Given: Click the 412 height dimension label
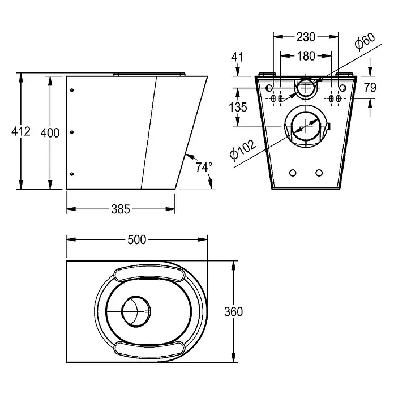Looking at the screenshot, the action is click(21, 131).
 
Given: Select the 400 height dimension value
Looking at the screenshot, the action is click(50, 132).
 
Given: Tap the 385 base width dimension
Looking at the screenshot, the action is click(121, 209).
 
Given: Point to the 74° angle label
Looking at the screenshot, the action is click(204, 167).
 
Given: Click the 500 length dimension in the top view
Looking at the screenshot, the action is click(136, 239).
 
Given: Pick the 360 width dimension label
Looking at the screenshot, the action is click(233, 311).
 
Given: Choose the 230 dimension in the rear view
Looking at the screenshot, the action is click(306, 37).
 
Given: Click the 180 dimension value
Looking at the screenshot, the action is click(306, 56).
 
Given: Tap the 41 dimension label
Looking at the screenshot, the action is click(237, 57).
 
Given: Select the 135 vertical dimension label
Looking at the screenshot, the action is click(238, 108).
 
